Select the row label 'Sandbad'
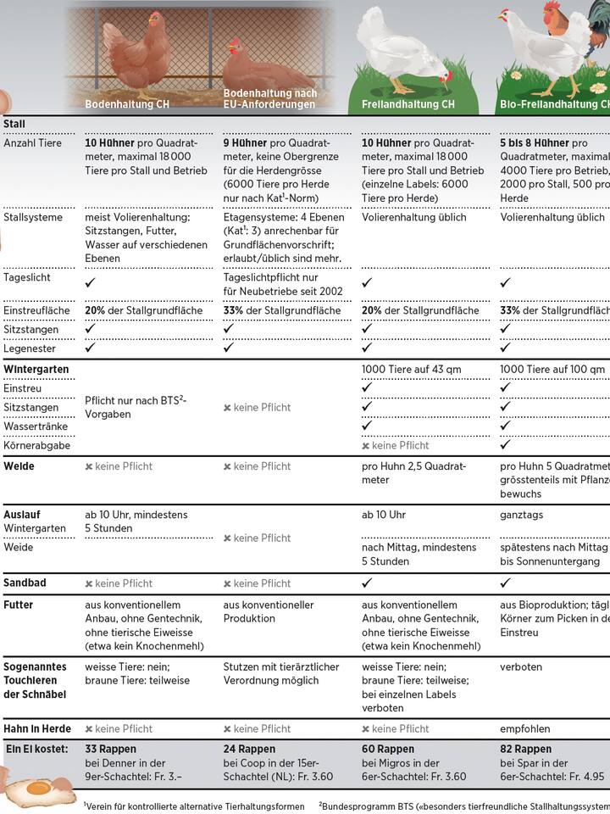(26, 583)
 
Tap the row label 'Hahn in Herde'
(37, 728)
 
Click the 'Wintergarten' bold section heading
(36, 370)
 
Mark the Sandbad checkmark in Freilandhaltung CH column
(367, 583)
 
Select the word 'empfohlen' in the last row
(525, 728)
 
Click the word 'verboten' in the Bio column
(521, 643)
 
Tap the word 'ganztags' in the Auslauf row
(523, 515)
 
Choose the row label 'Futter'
(19, 605)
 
